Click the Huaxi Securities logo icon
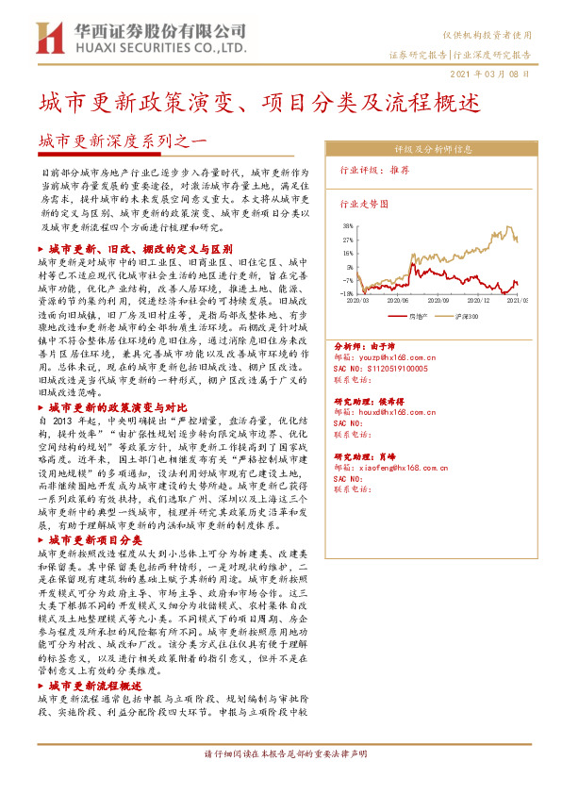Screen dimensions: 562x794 click(48, 37)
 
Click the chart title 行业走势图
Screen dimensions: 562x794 click(362, 203)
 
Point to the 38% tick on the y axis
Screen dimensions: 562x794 click(348, 227)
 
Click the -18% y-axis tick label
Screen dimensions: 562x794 click(348, 293)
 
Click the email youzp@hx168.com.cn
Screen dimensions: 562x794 click(392, 359)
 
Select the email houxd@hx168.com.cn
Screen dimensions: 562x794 click(392, 413)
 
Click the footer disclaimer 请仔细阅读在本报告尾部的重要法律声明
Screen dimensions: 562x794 click(281, 782)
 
